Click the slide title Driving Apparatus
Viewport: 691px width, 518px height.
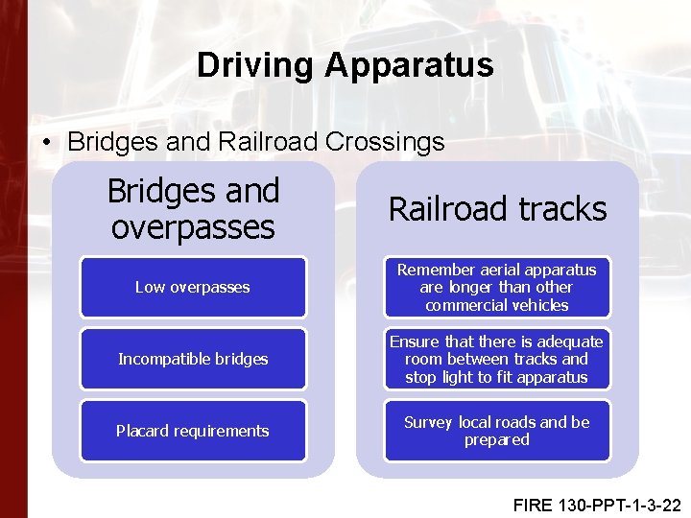point(345,65)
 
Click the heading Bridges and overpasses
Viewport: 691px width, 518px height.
point(193,209)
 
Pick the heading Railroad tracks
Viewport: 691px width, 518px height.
point(497,209)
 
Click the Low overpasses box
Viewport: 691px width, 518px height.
point(193,287)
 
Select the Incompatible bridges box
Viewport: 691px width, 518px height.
point(193,359)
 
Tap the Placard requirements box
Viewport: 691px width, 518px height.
point(193,431)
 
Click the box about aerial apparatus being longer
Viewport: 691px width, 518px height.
point(497,287)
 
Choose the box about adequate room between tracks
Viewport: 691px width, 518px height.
point(497,359)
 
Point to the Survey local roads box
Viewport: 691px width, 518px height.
point(497,431)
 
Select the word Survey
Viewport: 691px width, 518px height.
point(429,422)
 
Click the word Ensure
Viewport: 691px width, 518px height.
point(414,341)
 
